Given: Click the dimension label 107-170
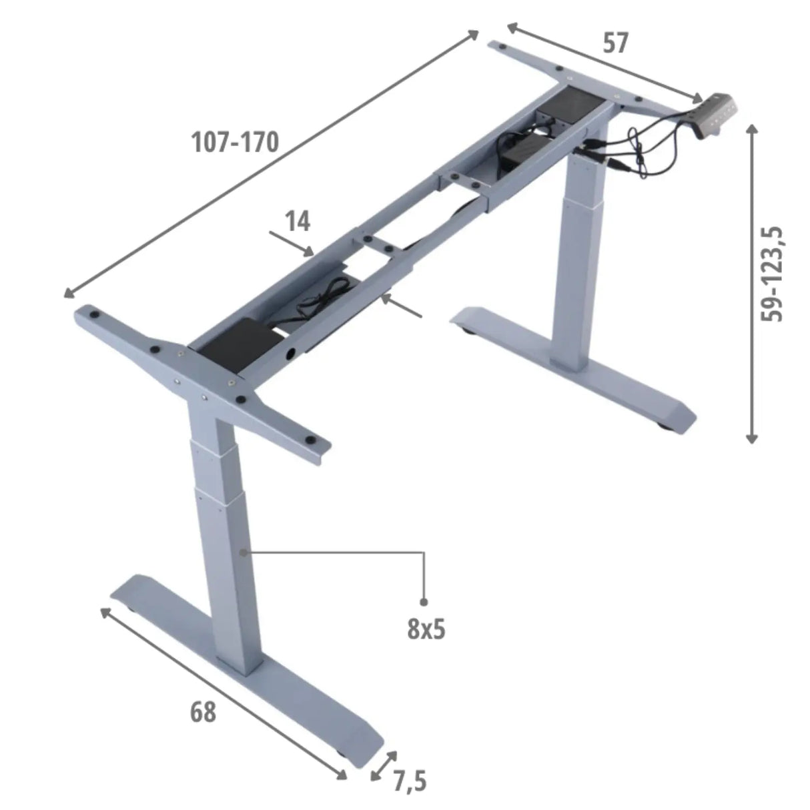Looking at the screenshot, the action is click(x=235, y=142).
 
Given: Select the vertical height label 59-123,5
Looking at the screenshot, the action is click(x=772, y=274).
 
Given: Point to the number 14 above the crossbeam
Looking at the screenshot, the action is click(x=298, y=221).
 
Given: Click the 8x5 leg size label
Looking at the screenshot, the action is click(x=426, y=629).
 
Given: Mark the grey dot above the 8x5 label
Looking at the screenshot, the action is click(x=424, y=602).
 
